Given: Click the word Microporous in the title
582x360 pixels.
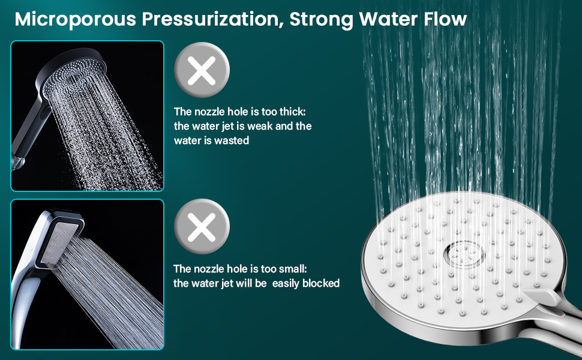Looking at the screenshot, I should click(x=74, y=19).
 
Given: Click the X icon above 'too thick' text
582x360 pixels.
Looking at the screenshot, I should click(x=202, y=73).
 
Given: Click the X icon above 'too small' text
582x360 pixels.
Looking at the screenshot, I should click(x=202, y=229).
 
